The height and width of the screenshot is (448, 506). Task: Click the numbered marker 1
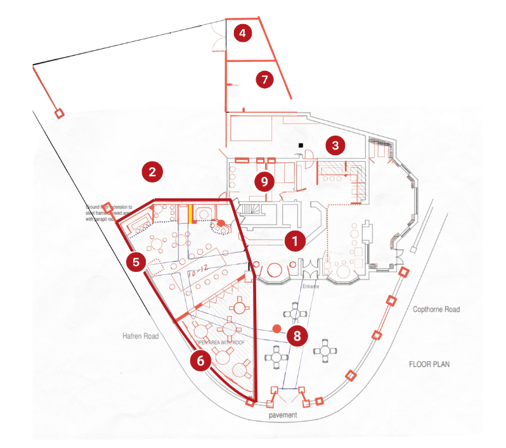point(293,241)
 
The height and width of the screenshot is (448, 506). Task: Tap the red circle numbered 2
point(152,171)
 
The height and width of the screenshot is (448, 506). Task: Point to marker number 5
point(135,262)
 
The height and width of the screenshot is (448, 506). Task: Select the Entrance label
point(311,286)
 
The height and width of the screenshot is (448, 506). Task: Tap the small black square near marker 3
point(301,146)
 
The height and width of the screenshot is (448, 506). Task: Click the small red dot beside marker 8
point(276,328)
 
